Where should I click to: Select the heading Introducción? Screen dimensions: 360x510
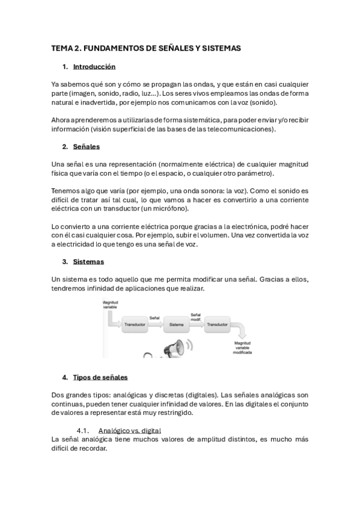(94, 67)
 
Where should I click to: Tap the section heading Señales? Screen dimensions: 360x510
(86, 147)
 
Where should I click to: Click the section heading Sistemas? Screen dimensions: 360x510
(88, 262)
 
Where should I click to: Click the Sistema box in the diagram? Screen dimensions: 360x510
(176, 324)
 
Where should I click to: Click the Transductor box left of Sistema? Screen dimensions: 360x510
(135, 324)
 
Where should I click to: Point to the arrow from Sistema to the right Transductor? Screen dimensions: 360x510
(196, 325)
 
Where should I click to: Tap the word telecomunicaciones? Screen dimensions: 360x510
(239, 129)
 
